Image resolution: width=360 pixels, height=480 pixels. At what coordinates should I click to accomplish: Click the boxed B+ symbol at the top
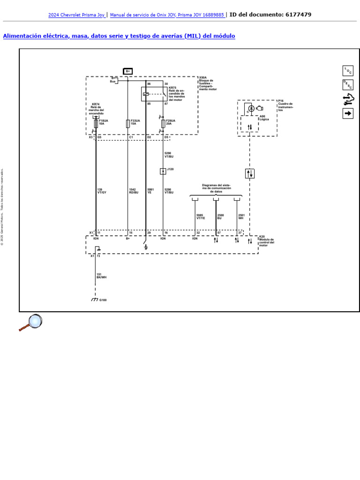pos(127,71)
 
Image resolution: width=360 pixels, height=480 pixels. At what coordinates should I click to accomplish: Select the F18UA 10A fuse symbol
pos(96,123)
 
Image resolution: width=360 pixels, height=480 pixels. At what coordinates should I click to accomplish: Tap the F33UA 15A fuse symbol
pos(127,123)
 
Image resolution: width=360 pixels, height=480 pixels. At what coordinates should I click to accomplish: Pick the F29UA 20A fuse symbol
pos(163,123)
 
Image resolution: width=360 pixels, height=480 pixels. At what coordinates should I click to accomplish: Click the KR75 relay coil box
pos(146,94)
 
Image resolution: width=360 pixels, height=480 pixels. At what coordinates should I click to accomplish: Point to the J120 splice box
pos(163,171)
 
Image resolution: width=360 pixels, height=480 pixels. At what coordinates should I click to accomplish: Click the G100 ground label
pos(103,300)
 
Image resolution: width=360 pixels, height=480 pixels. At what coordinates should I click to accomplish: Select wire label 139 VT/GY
pos(102,191)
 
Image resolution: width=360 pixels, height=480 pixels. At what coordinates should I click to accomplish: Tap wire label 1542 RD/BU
pos(134,191)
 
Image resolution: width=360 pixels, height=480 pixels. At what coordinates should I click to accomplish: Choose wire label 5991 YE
pos(150,191)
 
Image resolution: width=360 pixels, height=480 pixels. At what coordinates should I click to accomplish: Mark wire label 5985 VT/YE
pos(201,217)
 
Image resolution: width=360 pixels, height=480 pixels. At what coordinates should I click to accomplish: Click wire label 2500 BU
pos(220,217)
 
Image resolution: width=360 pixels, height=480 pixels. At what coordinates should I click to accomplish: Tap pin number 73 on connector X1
pos(98,256)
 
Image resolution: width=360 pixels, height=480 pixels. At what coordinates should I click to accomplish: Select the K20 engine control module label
pos(266,241)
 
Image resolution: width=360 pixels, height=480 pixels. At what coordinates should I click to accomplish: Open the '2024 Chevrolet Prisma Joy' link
pos(76,15)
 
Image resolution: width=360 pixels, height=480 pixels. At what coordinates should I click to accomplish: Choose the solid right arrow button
pos(348,113)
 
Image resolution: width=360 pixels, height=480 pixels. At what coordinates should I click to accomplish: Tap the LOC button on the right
pos(348,71)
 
